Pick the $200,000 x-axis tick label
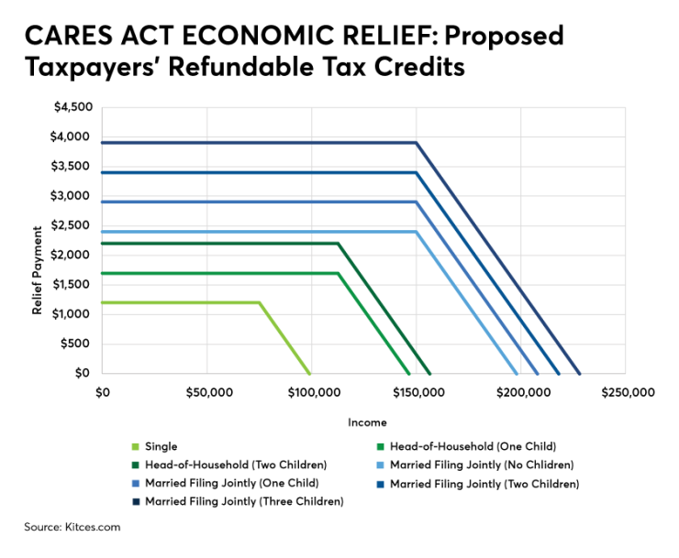click(521, 391)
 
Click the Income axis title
click(366, 422)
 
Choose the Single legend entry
click(161, 446)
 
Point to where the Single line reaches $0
click(310, 374)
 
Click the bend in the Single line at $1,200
click(259, 302)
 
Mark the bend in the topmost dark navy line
click(417, 143)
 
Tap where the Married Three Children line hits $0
click(579, 374)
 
